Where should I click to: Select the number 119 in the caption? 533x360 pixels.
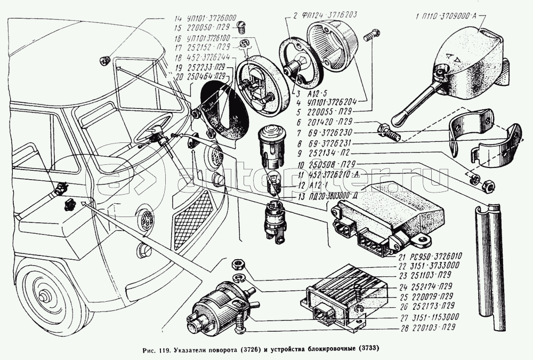click(160, 349)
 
